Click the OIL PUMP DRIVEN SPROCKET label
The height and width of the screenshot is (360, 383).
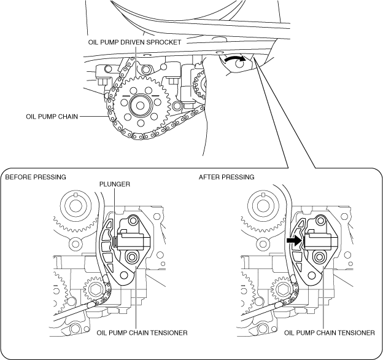point(134,42)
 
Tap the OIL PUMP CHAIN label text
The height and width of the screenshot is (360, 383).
point(52,117)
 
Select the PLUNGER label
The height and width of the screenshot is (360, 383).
point(115,184)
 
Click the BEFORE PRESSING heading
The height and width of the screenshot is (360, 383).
point(36,177)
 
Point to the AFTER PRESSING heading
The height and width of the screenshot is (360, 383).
point(226,177)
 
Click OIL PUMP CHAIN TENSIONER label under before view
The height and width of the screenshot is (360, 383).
point(142,333)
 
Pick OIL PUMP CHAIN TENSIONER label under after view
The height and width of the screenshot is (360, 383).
point(329,333)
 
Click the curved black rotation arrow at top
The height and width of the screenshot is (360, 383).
point(234,58)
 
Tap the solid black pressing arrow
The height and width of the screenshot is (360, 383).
point(295,240)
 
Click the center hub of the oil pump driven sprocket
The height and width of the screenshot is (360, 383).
point(140,106)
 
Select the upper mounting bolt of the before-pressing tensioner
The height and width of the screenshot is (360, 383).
point(133,221)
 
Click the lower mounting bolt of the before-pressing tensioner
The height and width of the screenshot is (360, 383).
point(131,257)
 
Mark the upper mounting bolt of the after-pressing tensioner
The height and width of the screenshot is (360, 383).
point(321,221)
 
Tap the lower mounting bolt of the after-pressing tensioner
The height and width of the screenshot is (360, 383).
point(319,257)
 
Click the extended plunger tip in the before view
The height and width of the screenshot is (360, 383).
point(115,241)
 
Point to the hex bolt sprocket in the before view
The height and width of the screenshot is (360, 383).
point(94,290)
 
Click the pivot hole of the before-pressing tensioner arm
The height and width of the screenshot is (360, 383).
point(124,276)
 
